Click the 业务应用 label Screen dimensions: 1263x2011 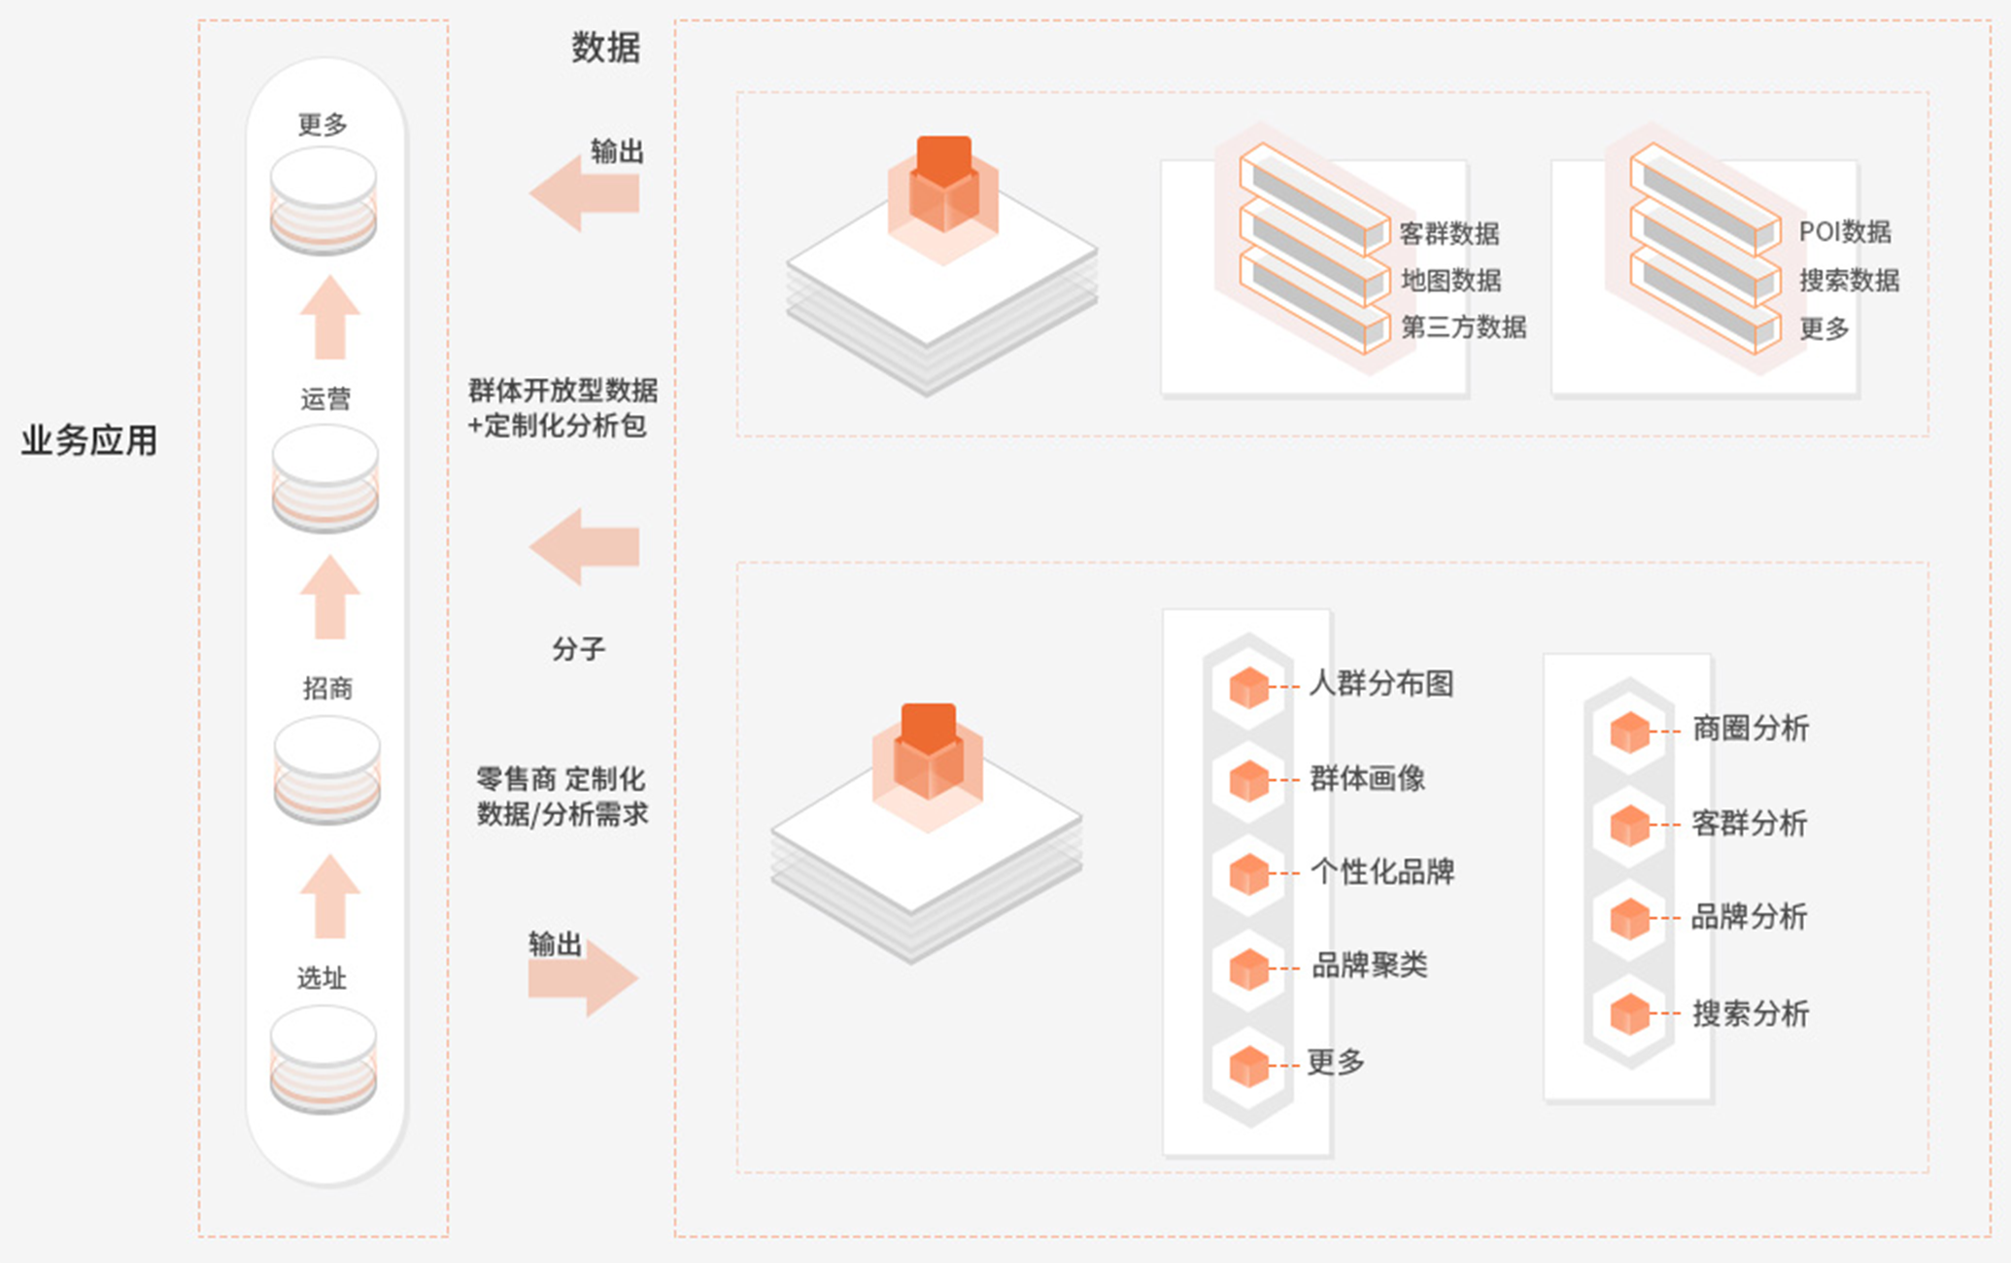click(x=88, y=441)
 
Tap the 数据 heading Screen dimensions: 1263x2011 click(x=605, y=48)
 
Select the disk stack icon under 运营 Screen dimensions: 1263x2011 click(x=324, y=478)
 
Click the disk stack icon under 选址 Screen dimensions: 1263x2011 click(x=323, y=1059)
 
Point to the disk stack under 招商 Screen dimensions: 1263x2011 click(x=326, y=769)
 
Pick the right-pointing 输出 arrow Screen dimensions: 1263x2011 click(x=583, y=977)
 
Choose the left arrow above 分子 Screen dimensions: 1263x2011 click(x=584, y=547)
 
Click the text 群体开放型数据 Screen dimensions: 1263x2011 click(x=562, y=391)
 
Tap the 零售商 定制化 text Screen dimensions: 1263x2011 click(x=561, y=779)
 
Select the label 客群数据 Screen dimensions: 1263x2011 click(x=1449, y=233)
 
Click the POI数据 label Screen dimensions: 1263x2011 click(x=1844, y=232)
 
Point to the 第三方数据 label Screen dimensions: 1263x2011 click(x=1463, y=327)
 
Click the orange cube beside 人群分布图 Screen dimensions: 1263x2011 click(x=1248, y=687)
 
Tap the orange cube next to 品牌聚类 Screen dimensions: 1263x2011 click(x=1248, y=969)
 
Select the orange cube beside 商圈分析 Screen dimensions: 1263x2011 click(x=1629, y=732)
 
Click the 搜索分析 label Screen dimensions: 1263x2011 click(x=1750, y=1014)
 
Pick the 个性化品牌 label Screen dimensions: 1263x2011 click(x=1381, y=871)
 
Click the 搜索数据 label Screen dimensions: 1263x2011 click(x=1849, y=281)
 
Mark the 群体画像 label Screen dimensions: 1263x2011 click(x=1367, y=778)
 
